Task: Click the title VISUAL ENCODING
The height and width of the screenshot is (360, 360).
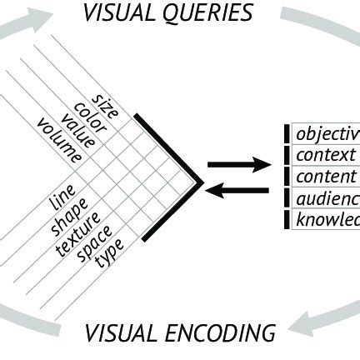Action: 180,334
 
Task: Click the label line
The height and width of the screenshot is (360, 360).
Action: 63,200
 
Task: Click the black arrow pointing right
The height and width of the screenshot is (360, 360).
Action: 237,164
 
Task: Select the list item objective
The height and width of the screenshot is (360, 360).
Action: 327,133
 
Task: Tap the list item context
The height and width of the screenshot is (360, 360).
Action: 325,155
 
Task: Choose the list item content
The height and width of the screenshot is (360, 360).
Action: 325,177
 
